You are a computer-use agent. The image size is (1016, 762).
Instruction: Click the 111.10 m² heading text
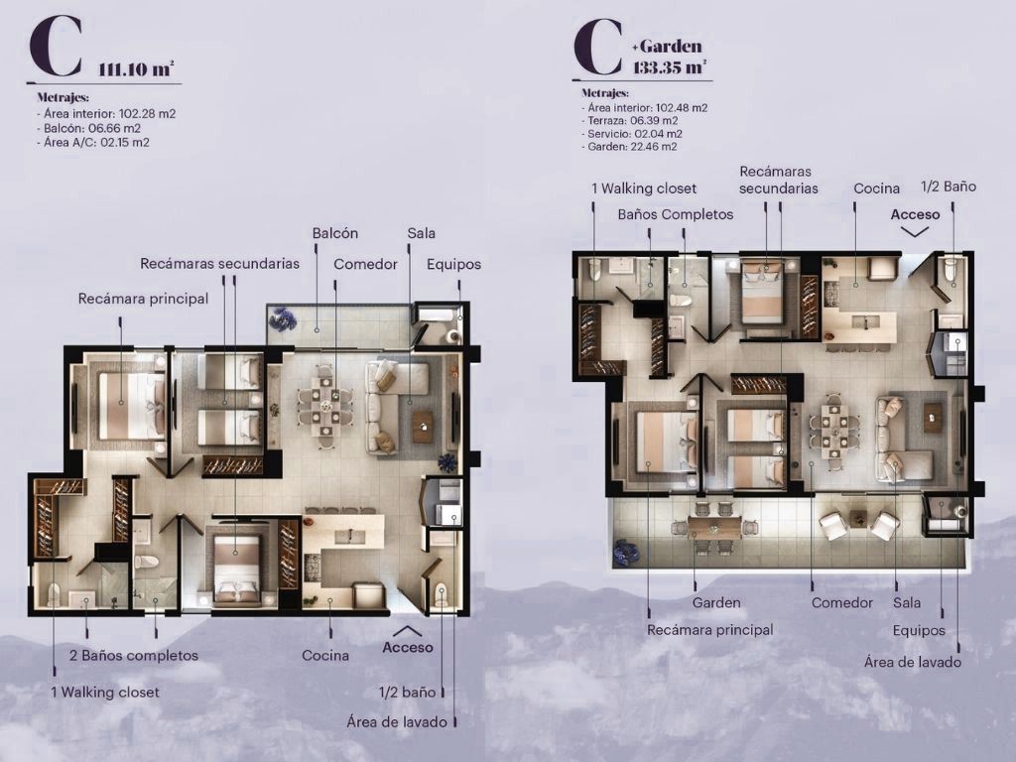click(136, 68)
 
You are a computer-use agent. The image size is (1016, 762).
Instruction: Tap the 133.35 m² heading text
click(670, 66)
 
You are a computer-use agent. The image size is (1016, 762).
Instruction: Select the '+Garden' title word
click(667, 46)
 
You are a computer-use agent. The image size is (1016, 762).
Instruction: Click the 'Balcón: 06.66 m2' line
click(88, 128)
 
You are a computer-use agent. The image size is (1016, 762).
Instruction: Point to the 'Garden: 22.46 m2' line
click(629, 147)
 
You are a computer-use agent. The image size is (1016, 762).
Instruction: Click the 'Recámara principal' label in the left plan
click(143, 299)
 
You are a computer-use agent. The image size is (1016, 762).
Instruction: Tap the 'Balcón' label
click(335, 233)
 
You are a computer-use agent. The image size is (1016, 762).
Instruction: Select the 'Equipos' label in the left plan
click(453, 264)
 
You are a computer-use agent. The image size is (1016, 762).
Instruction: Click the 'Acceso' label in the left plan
click(408, 647)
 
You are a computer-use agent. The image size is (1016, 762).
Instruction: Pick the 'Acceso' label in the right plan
click(915, 214)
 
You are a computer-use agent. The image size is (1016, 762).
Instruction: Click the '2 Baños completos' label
click(134, 655)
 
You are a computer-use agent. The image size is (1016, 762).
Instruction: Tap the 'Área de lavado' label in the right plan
click(913, 662)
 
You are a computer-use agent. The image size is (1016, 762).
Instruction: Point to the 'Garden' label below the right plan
click(716, 602)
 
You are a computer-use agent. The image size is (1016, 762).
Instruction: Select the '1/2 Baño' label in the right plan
click(948, 187)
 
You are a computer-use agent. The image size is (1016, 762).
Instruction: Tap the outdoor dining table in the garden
click(714, 528)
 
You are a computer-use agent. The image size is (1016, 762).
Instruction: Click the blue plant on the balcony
click(283, 318)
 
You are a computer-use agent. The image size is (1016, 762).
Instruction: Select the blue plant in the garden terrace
click(627, 551)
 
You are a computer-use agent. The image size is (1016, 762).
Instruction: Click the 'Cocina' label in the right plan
click(877, 189)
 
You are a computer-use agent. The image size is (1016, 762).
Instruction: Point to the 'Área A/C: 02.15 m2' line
click(93, 143)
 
